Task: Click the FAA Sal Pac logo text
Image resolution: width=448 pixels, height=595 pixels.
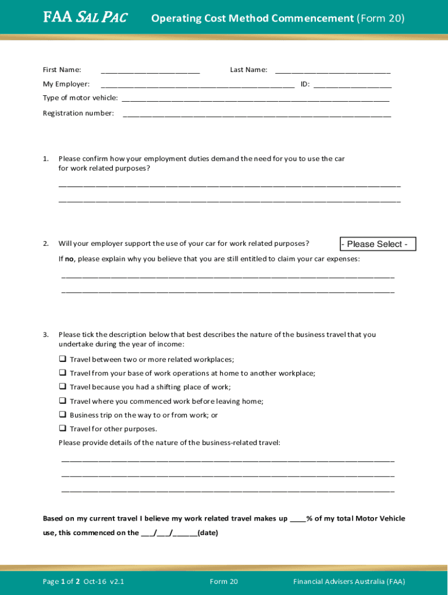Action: click(x=86, y=18)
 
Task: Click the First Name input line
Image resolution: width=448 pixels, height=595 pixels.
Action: click(x=150, y=71)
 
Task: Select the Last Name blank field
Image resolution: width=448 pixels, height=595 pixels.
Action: click(x=332, y=71)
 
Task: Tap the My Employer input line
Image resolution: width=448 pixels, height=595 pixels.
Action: click(x=197, y=85)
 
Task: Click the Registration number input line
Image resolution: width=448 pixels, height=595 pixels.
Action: click(x=257, y=114)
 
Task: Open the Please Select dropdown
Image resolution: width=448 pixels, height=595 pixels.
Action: click(x=378, y=244)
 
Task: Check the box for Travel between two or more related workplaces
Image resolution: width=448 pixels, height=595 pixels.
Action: click(x=62, y=359)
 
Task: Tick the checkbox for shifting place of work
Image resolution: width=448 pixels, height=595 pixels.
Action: click(x=62, y=387)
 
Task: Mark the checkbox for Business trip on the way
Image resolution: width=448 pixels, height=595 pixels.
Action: click(x=62, y=415)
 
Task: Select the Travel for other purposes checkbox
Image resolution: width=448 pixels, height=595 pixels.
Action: click(x=62, y=429)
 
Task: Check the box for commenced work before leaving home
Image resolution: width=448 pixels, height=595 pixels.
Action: click(x=62, y=401)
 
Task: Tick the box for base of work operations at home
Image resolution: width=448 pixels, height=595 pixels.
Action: click(x=62, y=373)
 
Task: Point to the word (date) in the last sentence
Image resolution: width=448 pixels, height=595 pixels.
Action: click(x=208, y=533)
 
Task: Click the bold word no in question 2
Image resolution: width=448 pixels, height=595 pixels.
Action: click(x=69, y=259)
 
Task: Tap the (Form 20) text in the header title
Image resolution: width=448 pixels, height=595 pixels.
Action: click(x=381, y=19)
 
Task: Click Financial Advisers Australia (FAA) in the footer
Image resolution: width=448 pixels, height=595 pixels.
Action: click(x=349, y=582)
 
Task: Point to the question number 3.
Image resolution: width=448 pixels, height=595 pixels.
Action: click(x=45, y=335)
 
